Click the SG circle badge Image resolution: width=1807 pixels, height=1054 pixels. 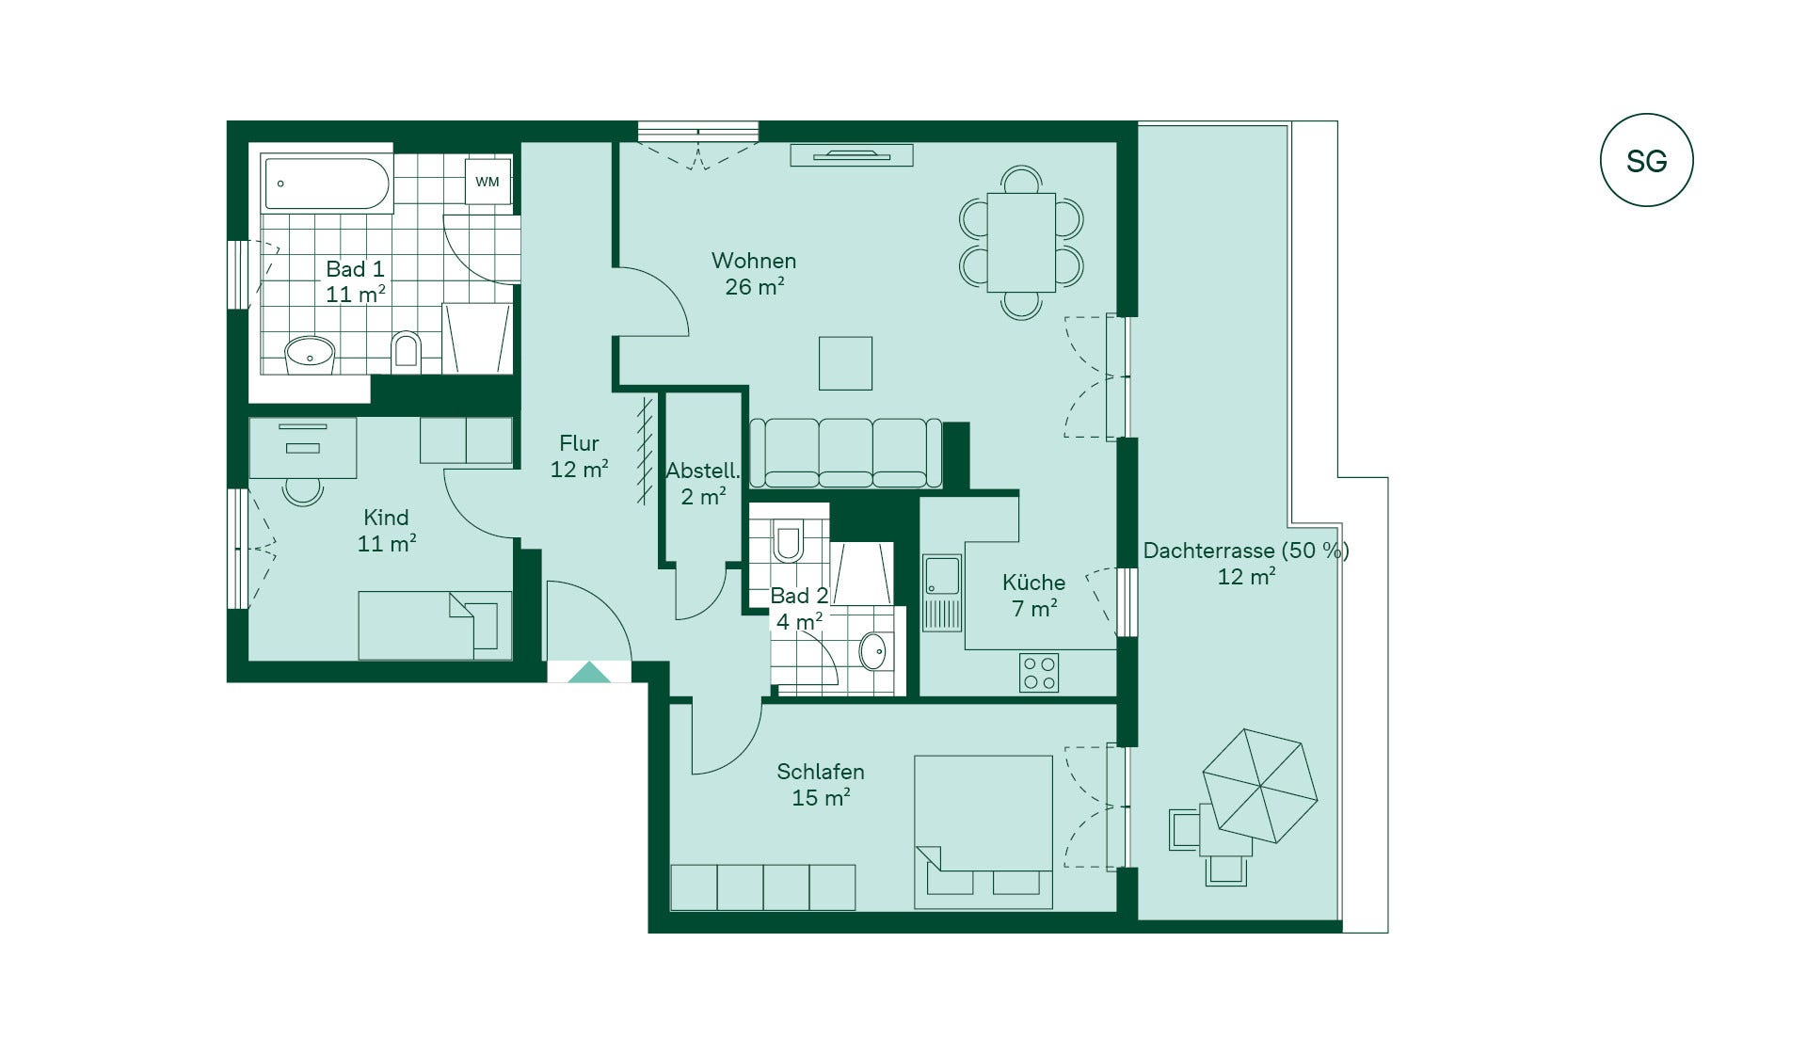[x=1646, y=160]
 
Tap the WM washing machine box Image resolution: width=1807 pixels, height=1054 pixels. [x=488, y=181]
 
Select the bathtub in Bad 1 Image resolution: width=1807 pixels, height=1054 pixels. [x=327, y=184]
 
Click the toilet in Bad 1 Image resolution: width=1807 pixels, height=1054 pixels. [x=406, y=352]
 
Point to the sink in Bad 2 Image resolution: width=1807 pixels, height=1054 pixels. [x=873, y=651]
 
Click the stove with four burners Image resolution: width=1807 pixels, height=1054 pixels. [x=1039, y=673]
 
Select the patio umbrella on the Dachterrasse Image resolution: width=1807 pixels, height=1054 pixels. [x=1259, y=786]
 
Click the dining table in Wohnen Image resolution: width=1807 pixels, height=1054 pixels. [x=1021, y=243]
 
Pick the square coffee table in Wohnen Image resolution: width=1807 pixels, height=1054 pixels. [x=845, y=363]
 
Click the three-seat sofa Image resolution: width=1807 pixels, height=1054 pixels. [x=845, y=453]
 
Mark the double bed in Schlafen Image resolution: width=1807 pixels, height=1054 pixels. [x=983, y=832]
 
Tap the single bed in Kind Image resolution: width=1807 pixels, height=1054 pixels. [x=435, y=625]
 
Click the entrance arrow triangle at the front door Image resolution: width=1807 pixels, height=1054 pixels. [x=590, y=672]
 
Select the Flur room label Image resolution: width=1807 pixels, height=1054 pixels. [x=579, y=442]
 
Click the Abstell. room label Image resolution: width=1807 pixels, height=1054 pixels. [x=702, y=470]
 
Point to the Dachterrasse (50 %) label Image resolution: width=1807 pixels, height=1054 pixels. [x=1246, y=551]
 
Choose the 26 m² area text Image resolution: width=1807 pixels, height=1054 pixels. [x=755, y=286]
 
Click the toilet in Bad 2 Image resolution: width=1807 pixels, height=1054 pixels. [x=788, y=540]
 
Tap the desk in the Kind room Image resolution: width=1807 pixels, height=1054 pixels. [x=303, y=448]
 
